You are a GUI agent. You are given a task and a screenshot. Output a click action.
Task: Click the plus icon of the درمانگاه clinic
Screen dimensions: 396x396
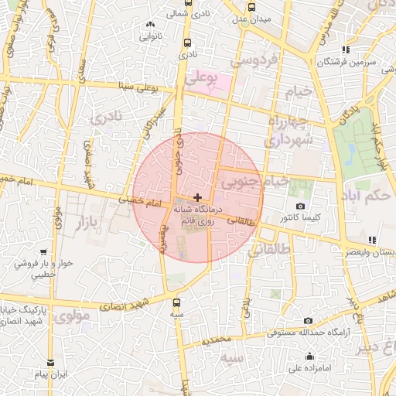click(198, 197)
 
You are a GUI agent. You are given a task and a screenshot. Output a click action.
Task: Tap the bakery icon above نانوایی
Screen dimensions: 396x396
click(150, 25)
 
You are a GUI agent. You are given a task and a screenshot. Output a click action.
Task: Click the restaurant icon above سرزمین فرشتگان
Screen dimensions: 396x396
click(346, 49)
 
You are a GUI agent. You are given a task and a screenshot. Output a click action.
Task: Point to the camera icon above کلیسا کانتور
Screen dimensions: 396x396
click(300, 206)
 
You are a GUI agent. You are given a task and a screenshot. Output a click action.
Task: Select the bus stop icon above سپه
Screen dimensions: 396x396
click(178, 302)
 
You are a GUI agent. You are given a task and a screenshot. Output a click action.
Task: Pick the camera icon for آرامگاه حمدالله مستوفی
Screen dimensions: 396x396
click(308, 321)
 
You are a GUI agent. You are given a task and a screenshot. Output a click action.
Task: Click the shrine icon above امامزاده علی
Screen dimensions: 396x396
click(309, 357)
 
